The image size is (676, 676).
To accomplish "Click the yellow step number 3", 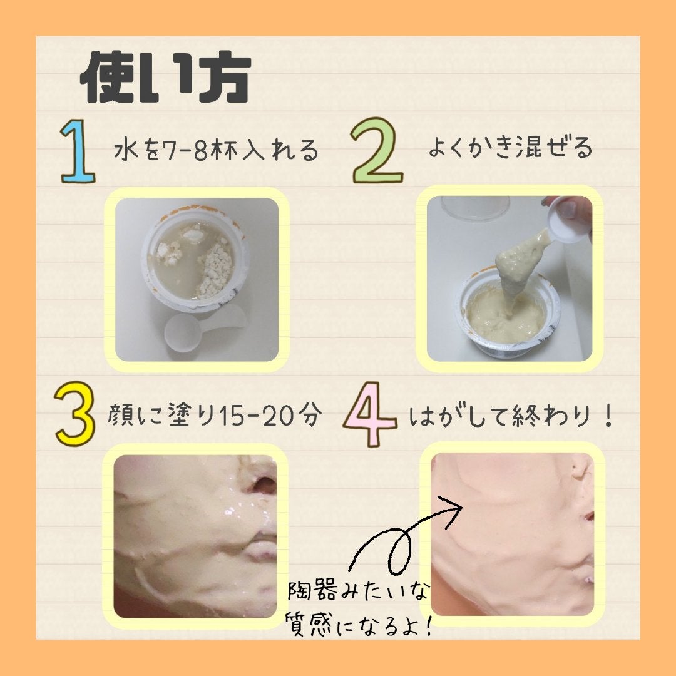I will click(x=74, y=414).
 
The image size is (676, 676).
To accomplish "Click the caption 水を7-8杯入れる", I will click(x=217, y=151).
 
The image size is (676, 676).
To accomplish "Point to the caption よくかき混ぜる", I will click(x=510, y=148).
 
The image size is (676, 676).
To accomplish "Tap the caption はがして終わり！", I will click(x=510, y=416).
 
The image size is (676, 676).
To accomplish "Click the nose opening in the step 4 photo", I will click(x=588, y=517).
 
